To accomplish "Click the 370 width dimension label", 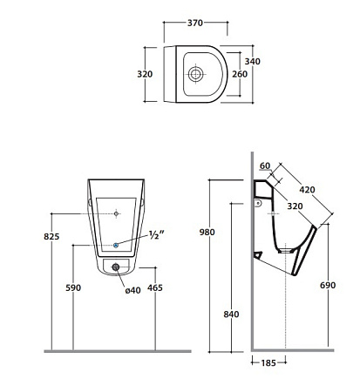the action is pyautogui.click(x=195, y=23).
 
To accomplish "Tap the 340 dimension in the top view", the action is pyautogui.click(x=253, y=61).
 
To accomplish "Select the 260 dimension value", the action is pyautogui.click(x=240, y=74).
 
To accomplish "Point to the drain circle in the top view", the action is pyautogui.click(x=195, y=74).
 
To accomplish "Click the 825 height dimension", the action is pyautogui.click(x=51, y=236).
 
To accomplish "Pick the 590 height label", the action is pyautogui.click(x=73, y=287).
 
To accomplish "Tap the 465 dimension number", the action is pyautogui.click(x=155, y=287).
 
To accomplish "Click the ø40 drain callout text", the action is pyautogui.click(x=133, y=290).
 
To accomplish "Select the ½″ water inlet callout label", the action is pyautogui.click(x=157, y=234).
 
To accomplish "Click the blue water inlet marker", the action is pyautogui.click(x=116, y=245).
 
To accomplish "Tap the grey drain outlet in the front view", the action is pyautogui.click(x=116, y=267).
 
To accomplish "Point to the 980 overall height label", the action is pyautogui.click(x=207, y=232).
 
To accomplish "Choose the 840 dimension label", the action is pyautogui.click(x=231, y=314).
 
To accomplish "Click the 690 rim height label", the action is pyautogui.click(x=328, y=285).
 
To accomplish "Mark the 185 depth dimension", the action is pyautogui.click(x=268, y=363).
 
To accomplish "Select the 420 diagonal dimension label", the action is pyautogui.click(x=307, y=190).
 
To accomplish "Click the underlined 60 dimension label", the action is pyautogui.click(x=265, y=166).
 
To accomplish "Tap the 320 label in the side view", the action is pyautogui.click(x=295, y=206).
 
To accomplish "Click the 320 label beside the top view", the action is pyautogui.click(x=145, y=74).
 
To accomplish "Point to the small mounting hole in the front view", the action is pyautogui.click(x=116, y=213).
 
